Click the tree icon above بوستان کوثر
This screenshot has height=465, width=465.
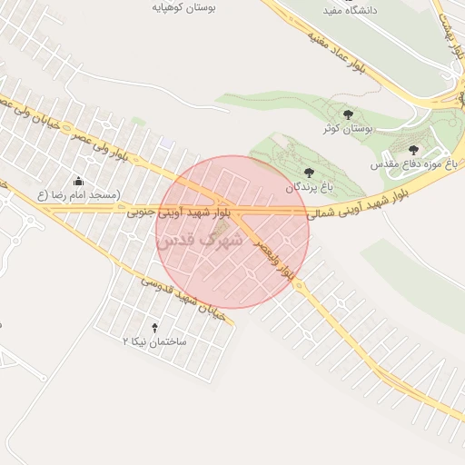pyautogui.click(x=348, y=114)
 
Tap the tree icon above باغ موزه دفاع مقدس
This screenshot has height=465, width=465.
pyautogui.click(x=414, y=150)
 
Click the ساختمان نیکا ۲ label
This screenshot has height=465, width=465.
pyautogui.click(x=154, y=341)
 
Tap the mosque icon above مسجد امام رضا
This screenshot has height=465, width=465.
pyautogui.click(x=79, y=180)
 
